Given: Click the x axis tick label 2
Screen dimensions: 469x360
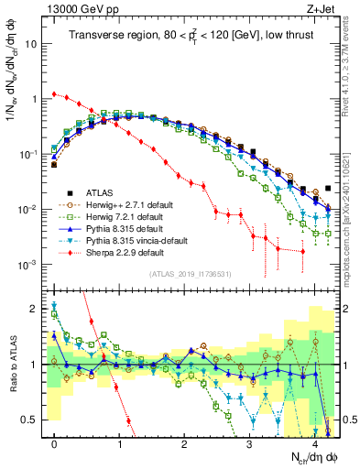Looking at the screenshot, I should pos(185,442).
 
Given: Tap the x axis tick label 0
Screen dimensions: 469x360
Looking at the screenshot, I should pos(55,442).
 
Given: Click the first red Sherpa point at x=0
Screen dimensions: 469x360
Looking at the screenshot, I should pos(55,93).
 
